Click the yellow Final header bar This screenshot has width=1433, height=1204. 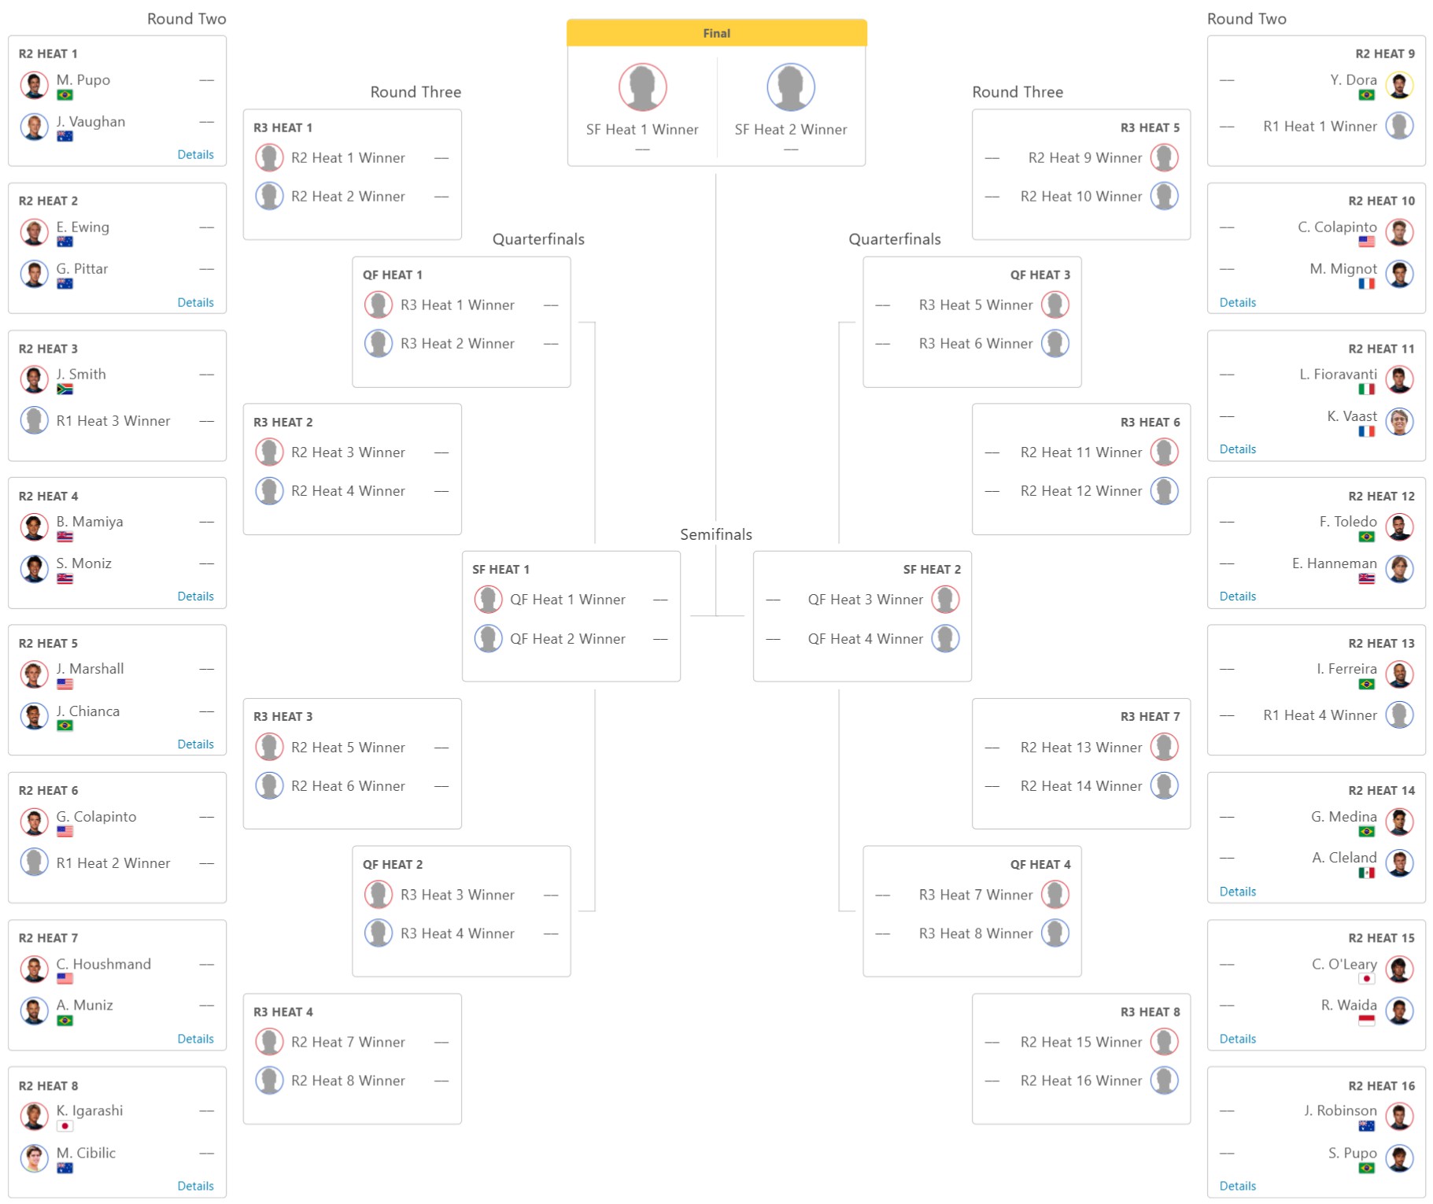point(716,33)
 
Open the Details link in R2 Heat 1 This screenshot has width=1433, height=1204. point(195,154)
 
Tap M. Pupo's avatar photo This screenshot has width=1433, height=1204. point(34,85)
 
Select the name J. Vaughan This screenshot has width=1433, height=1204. point(90,121)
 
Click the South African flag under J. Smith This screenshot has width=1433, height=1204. point(65,389)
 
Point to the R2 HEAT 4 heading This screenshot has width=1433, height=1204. point(48,496)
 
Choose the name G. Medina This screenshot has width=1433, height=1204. point(1343,816)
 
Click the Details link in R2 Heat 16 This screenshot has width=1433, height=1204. point(1237,1186)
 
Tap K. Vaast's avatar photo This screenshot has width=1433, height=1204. point(1399,421)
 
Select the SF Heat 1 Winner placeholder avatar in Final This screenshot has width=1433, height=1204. point(642,87)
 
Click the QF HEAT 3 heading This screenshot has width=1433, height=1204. point(1040,275)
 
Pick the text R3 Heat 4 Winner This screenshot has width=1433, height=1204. point(457,933)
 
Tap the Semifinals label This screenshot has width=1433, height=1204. point(715,534)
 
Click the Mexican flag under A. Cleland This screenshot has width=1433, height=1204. point(1366,873)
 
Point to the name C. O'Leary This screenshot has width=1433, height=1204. point(1343,964)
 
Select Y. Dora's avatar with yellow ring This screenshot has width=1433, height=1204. point(1399,85)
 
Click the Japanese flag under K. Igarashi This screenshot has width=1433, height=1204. point(65,1126)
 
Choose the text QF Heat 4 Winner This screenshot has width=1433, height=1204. point(865,638)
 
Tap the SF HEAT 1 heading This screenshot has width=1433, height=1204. point(500,569)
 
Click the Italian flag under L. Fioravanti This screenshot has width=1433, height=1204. point(1366,389)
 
